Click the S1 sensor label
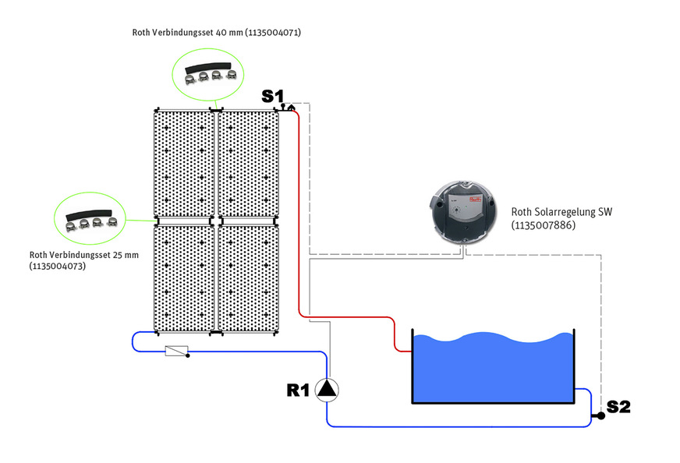point(272,96)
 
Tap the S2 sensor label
point(618,406)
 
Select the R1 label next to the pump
point(299,391)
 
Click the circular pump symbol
point(328,390)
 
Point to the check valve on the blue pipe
point(177,352)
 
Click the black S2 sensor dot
point(600,415)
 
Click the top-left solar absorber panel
point(183,164)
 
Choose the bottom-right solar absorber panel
point(246,277)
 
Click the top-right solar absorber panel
point(246,164)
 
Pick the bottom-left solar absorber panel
point(183,277)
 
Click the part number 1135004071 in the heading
point(273,33)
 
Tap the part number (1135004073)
point(57,266)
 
